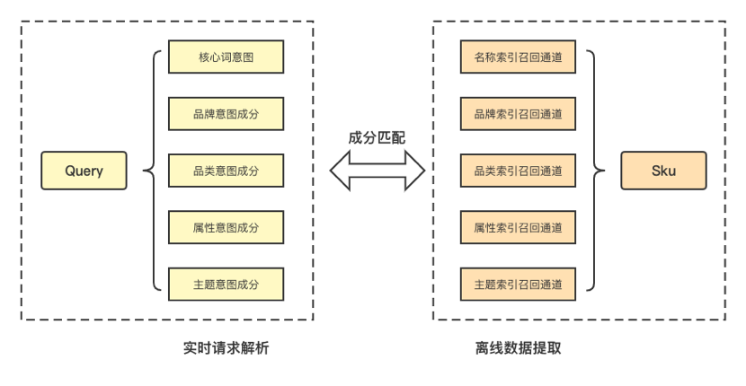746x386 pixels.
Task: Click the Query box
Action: [84, 171]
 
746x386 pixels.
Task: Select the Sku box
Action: [663, 171]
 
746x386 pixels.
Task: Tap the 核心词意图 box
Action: [226, 57]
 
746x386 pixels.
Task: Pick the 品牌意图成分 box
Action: [226, 114]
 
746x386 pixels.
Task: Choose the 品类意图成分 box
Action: [226, 171]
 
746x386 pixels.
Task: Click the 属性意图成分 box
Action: [226, 227]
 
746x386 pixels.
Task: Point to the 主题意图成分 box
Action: [226, 284]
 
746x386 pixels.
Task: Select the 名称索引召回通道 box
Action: [518, 57]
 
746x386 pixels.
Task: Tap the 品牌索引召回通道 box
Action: [518, 114]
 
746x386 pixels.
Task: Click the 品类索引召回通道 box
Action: [518, 171]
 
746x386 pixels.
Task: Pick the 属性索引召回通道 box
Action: [518, 227]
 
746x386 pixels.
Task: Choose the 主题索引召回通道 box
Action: [518, 284]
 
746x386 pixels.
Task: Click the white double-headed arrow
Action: [377, 171]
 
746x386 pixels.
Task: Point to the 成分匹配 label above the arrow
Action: [377, 138]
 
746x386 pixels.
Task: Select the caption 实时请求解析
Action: [226, 348]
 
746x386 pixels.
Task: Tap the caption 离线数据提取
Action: [518, 348]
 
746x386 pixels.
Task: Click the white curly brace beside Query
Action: [155, 171]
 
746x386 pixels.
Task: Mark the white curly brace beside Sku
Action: [593, 171]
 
